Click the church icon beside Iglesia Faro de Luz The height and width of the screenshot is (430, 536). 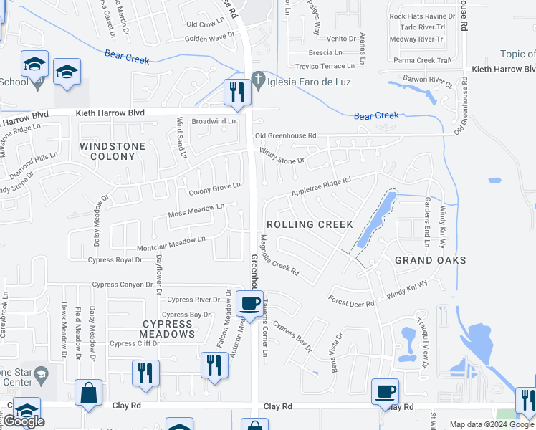pos(257,81)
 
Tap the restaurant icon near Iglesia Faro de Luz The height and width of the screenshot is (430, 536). pos(235,91)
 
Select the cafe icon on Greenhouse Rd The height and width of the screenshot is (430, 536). pos(250,303)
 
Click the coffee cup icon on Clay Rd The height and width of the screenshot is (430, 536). pos(386,391)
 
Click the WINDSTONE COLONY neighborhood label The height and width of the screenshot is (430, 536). pos(113,151)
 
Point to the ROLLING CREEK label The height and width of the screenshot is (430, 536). pos(310,224)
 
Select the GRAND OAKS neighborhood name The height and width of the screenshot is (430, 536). pos(430,260)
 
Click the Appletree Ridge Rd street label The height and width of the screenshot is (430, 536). pos(320,187)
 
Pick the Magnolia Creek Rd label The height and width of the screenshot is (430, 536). pos(279,257)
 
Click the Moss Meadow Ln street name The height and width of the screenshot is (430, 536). pos(196,210)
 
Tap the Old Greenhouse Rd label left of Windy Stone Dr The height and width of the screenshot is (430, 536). pos(285,135)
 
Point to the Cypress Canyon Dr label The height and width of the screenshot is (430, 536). pos(123,285)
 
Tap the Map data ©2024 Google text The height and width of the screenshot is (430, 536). pos(492,424)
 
